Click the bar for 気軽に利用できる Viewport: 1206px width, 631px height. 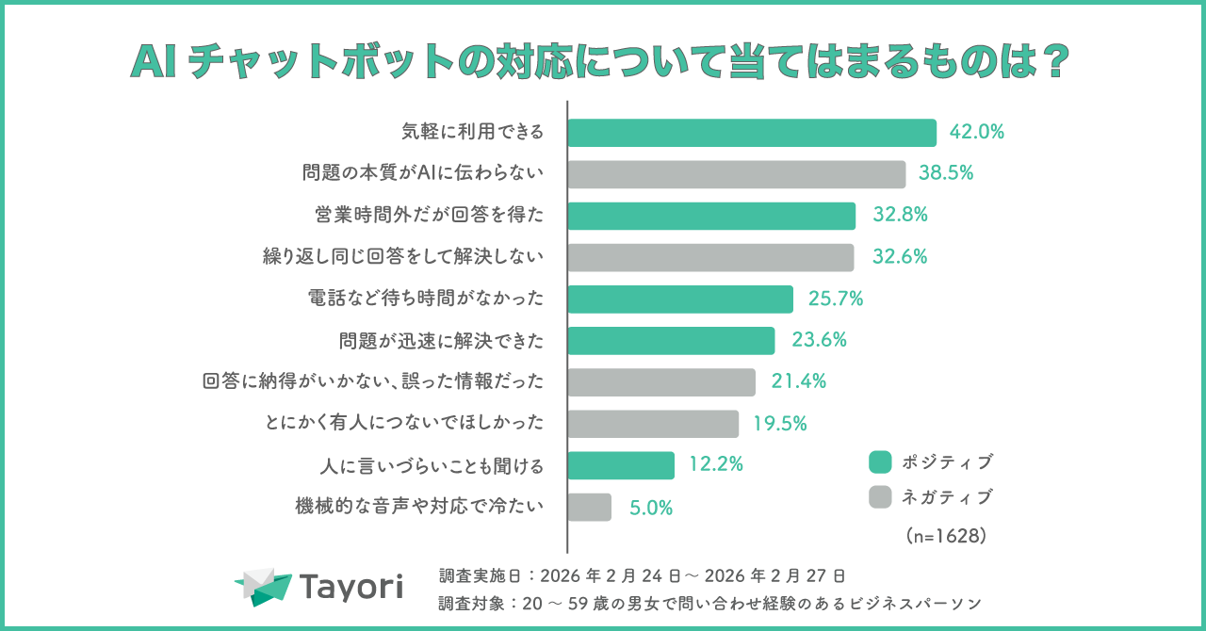752,133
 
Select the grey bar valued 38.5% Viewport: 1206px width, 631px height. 737,174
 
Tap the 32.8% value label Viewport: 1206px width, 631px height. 900,215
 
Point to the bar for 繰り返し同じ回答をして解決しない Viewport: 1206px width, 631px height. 710,257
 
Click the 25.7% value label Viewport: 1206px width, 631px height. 836,299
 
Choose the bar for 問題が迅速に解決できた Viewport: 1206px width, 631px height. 671,340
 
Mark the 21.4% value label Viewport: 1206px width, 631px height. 798,381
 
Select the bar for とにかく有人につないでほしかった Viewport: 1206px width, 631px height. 653,424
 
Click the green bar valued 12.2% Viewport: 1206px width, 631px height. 621,465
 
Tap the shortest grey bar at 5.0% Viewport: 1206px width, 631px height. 590,507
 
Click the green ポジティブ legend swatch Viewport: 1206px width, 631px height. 880,462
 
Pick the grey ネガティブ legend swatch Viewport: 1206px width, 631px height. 880,496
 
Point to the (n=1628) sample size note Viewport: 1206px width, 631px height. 945,535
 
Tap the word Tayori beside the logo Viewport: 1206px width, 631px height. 351,587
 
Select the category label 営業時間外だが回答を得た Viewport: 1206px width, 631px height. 429,216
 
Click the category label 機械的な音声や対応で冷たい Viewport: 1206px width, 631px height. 419,507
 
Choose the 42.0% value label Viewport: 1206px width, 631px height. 977,133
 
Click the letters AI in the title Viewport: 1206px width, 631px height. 155,63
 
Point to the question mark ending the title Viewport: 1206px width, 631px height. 1056,63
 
